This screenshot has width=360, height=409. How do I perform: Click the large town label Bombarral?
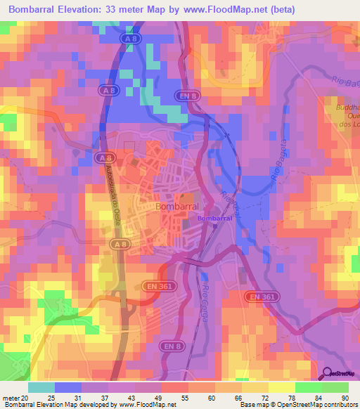pos(177,207)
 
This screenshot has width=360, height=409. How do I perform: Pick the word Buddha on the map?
pos(342,108)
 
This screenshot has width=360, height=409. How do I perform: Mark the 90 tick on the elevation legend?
pos(345,397)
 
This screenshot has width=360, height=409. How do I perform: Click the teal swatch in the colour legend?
pos(41,387)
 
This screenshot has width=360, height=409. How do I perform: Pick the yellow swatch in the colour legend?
pos(281,387)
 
